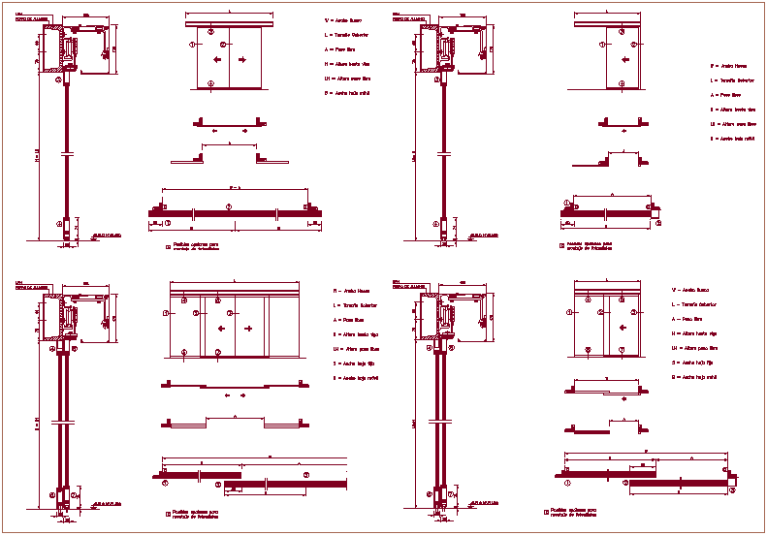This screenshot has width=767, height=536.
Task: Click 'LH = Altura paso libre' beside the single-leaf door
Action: pyautogui.click(x=733, y=124)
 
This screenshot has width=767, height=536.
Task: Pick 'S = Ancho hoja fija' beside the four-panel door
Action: pyautogui.click(x=355, y=363)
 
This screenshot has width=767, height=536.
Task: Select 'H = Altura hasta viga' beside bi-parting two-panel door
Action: pyautogui.click(x=347, y=63)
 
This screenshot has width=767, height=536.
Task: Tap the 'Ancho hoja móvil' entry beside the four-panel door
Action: pyautogui.click(x=357, y=377)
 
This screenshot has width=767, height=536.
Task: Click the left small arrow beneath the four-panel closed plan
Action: pyautogui.click(x=227, y=395)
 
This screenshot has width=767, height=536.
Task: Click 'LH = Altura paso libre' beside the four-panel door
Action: pyautogui.click(x=356, y=348)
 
